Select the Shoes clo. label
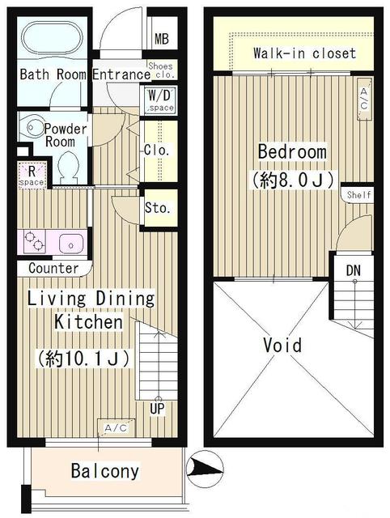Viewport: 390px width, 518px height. [159, 70]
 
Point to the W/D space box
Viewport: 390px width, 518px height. [159, 100]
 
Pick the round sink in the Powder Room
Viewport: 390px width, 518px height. [33, 125]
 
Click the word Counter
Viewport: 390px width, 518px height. [53, 268]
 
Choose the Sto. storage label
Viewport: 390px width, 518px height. [158, 208]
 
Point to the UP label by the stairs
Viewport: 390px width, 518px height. [157, 409]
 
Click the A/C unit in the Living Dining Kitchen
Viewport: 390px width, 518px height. [115, 427]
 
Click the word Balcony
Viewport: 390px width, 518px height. [104, 470]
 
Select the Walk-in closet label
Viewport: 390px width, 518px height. [303, 53]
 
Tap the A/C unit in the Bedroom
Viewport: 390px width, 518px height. [363, 100]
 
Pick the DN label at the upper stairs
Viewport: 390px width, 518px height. [354, 269]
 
